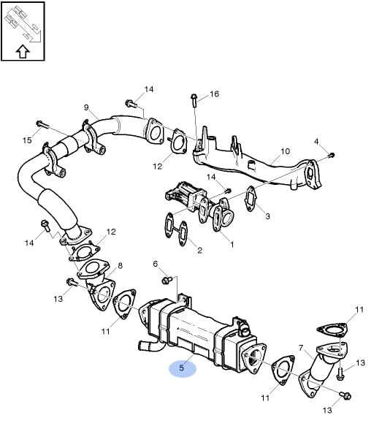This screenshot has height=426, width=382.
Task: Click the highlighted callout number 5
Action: pos(182,368)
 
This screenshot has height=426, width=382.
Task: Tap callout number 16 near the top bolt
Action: pos(214,94)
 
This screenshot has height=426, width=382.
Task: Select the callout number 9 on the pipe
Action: pos(86,107)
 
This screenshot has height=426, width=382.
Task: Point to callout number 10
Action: pos(285,151)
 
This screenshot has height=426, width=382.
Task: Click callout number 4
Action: pos(316,142)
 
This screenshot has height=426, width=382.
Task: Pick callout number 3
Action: pos(268,216)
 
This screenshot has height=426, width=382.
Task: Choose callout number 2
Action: pos(199,250)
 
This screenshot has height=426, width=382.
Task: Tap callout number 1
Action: pos(232,245)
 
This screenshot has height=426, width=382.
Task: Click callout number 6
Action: pos(156,264)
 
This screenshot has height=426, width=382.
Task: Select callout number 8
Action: pos(120,265)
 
